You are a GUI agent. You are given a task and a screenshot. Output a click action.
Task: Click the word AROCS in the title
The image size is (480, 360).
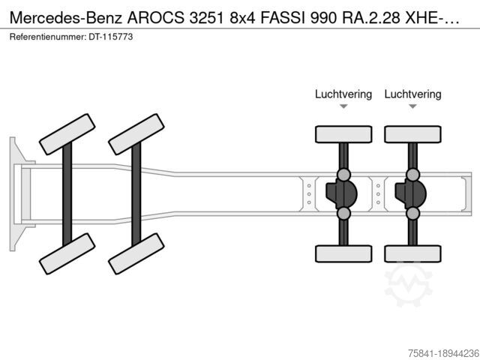click(x=156, y=18)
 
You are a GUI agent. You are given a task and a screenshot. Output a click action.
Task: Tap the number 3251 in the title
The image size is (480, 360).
click(x=207, y=18)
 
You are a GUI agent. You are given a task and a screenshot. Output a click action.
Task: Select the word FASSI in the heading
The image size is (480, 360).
click(x=283, y=18)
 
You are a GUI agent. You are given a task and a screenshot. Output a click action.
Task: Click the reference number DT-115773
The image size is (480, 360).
click(x=111, y=37)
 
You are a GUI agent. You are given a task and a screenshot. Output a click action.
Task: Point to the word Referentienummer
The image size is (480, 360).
click(x=48, y=37)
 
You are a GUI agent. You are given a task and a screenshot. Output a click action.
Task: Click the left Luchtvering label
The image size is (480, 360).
click(x=343, y=94)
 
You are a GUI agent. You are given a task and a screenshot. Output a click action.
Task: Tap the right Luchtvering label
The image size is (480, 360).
click(x=412, y=94)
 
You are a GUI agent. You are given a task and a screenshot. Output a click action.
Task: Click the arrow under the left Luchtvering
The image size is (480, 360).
click(x=343, y=106)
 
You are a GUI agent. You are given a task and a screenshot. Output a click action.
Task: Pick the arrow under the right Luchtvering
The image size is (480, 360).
click(x=412, y=106)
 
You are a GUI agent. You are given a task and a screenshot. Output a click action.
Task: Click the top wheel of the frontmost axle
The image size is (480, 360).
click(x=67, y=134)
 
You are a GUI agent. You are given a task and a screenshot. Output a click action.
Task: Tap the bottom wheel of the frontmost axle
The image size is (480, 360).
click(x=67, y=253)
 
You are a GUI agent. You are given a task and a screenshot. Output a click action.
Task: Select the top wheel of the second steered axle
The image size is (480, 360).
click(x=136, y=134)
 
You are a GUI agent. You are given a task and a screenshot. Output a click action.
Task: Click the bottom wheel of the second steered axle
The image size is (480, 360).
click(x=136, y=253)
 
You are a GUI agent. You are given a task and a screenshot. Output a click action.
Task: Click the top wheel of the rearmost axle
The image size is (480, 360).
click(x=412, y=134)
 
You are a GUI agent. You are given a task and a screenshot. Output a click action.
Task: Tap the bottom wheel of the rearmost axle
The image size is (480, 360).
click(x=412, y=253)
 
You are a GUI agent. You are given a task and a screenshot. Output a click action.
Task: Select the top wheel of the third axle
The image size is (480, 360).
click(x=343, y=134)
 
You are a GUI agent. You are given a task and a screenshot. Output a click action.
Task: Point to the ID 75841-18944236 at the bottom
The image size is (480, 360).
click(x=443, y=353)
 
